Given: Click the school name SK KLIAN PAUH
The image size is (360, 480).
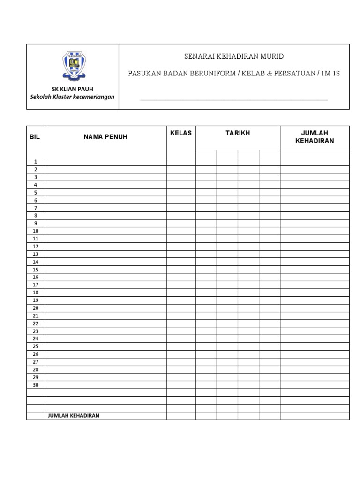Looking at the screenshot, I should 72,89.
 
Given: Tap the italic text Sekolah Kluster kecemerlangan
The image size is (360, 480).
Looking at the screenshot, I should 72,97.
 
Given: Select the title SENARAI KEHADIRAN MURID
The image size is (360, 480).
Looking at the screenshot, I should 233,57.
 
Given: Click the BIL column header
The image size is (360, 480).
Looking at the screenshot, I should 35,137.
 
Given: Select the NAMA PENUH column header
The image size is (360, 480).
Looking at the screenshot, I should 105,137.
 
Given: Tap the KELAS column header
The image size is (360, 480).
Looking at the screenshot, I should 181,133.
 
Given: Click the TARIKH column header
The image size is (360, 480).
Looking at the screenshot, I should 238,133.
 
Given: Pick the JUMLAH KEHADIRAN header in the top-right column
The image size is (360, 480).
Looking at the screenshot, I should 315,137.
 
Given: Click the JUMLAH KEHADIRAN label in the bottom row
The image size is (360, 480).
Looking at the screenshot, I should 74,416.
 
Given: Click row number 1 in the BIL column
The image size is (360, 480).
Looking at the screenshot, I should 36,162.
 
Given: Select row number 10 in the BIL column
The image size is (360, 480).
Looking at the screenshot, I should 36,231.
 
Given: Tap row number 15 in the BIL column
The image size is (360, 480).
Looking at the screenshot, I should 36,270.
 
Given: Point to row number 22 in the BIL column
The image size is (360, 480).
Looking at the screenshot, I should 36,323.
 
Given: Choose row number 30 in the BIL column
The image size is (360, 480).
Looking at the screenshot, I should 36,385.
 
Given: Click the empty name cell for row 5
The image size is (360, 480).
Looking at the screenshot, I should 105,193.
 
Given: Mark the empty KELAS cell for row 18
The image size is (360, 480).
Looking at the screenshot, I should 181,292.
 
